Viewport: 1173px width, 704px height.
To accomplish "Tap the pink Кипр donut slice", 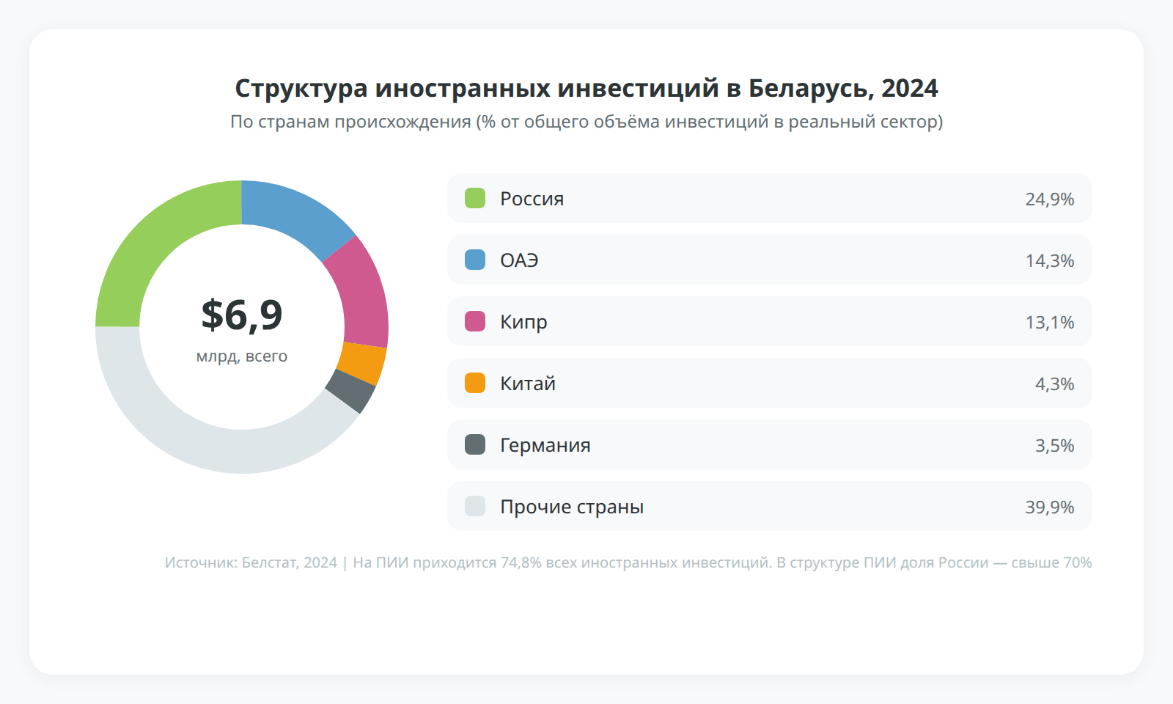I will [362, 293].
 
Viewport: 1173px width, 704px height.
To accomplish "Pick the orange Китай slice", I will [362, 363].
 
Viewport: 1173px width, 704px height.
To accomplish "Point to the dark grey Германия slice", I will [350, 392].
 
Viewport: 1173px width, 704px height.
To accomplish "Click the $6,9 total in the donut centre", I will [242, 315].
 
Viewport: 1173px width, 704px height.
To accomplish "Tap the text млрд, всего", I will [242, 356].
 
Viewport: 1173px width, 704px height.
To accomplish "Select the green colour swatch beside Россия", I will [475, 198].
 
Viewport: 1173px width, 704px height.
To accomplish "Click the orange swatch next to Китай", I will [475, 383].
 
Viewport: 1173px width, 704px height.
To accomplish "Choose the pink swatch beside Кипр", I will [475, 321].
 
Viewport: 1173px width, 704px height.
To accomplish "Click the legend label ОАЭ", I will [519, 260].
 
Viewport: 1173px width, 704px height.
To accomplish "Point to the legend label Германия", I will [545, 445].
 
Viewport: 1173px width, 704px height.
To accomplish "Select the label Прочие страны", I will [572, 507].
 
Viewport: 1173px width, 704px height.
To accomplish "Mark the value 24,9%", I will [1049, 199].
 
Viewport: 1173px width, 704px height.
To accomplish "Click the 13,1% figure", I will [1049, 322].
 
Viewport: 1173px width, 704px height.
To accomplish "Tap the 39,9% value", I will [1049, 507].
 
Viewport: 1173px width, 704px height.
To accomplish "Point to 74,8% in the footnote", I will [521, 562].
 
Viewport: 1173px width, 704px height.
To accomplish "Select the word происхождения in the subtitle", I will [402, 122].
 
